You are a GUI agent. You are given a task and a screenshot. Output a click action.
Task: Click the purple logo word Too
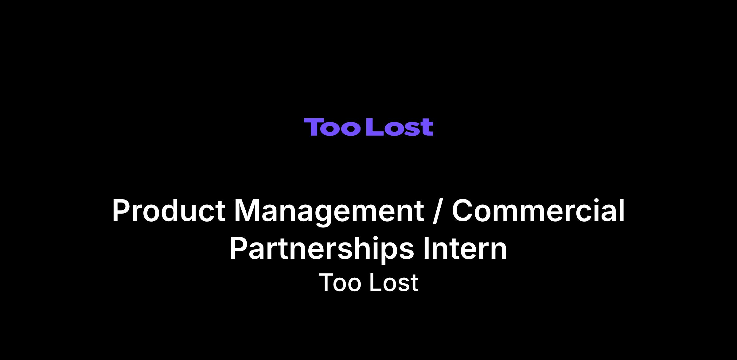(332, 127)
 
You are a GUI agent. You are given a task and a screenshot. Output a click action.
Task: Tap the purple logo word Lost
(400, 127)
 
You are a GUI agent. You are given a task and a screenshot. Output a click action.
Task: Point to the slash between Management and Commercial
(438, 211)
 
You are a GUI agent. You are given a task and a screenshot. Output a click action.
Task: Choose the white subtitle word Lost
(394, 282)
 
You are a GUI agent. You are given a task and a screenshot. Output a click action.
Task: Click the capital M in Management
(248, 210)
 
